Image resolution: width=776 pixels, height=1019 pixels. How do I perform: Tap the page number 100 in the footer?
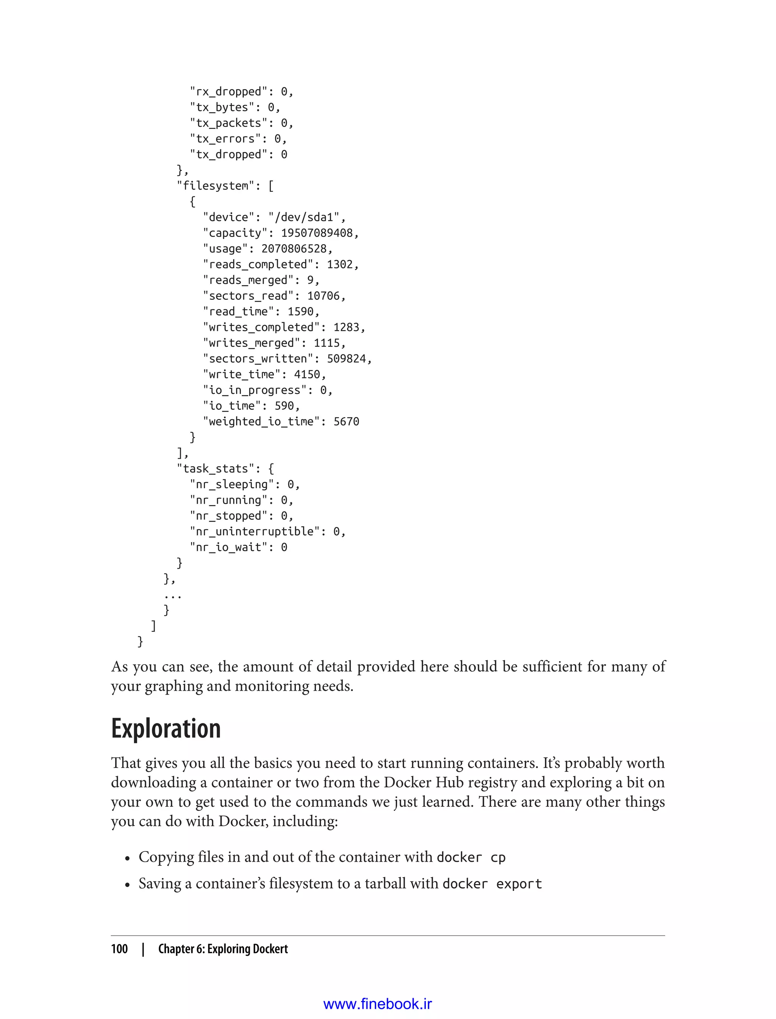(x=119, y=949)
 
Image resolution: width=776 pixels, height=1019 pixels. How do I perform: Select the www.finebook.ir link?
(x=377, y=1004)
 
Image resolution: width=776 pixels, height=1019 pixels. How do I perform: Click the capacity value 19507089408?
(x=316, y=233)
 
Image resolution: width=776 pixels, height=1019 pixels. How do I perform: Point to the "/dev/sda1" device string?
(x=304, y=217)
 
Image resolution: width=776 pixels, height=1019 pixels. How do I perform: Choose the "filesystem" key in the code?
(x=215, y=186)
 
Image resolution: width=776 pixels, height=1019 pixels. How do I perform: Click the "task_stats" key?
(x=215, y=469)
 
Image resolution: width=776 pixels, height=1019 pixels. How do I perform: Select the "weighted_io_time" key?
(x=261, y=422)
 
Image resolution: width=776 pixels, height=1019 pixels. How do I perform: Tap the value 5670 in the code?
(x=346, y=422)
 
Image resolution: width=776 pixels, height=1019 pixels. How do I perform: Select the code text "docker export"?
(x=491, y=884)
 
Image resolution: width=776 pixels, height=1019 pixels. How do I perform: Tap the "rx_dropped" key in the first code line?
(x=228, y=91)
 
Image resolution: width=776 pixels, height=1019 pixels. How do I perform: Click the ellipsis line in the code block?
(x=173, y=595)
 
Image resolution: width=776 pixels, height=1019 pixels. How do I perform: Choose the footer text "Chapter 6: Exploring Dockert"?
(x=223, y=949)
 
